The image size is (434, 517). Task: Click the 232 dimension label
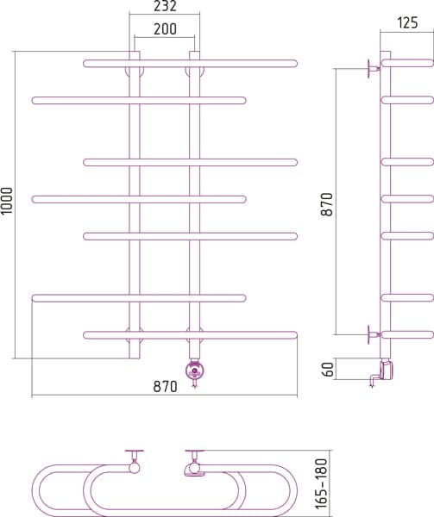click(x=165, y=6)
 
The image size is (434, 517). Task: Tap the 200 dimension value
click(x=165, y=29)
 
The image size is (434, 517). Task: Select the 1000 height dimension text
click(x=7, y=201)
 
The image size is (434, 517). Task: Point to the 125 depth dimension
click(x=407, y=22)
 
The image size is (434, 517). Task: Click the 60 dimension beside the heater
click(x=329, y=370)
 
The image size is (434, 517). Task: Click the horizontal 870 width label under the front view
click(x=166, y=386)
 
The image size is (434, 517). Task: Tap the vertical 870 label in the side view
click(x=328, y=204)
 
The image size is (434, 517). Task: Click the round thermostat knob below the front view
click(x=195, y=371)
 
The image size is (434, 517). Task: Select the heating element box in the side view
click(x=387, y=369)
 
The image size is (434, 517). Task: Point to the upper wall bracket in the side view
click(x=374, y=69)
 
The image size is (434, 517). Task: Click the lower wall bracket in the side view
click(x=374, y=334)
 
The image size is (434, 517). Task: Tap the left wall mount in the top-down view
click(x=135, y=461)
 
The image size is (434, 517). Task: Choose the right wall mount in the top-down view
click(x=194, y=462)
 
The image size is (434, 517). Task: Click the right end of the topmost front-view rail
click(x=295, y=64)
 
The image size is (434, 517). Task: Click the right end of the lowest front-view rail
click(x=295, y=335)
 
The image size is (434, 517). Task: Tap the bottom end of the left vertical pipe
click(x=135, y=358)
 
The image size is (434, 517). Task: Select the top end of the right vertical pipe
click(x=194, y=52)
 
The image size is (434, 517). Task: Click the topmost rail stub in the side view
click(x=407, y=63)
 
